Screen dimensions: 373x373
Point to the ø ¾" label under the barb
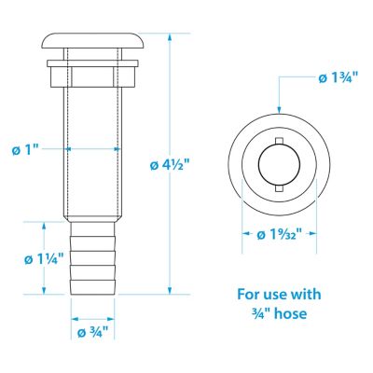click(91, 331)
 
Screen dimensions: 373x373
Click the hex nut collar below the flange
click(92, 73)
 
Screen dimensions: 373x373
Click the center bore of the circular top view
click(280, 166)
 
